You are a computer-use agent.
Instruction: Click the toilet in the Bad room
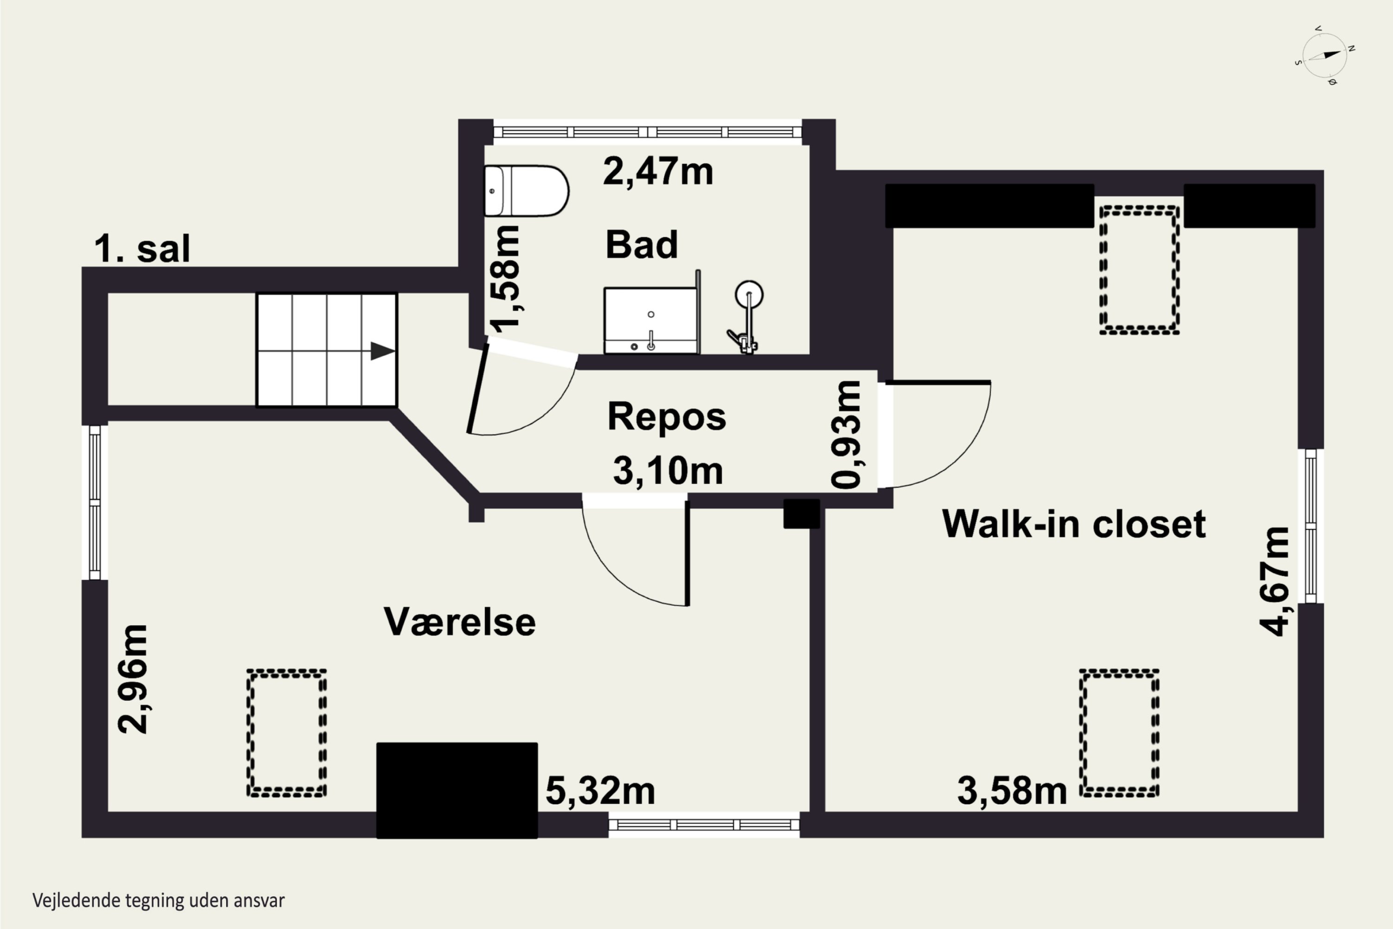coord(526,191)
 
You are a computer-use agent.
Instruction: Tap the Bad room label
coord(641,245)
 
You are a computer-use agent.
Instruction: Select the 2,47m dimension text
coord(658,171)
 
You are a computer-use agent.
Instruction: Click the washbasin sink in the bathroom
coord(651,321)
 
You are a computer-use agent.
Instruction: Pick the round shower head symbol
coord(749,294)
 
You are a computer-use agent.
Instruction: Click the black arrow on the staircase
coord(383,351)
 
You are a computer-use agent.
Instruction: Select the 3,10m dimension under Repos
coord(668,471)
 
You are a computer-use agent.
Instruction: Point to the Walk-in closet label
coord(1074,524)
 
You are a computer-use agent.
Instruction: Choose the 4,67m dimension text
coord(1274,581)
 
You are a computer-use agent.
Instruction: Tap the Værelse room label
coord(460,622)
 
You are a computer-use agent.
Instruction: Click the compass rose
coord(1326,56)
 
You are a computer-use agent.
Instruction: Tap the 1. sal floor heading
coord(142,249)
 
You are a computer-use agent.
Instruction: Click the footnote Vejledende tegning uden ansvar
coord(159,901)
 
